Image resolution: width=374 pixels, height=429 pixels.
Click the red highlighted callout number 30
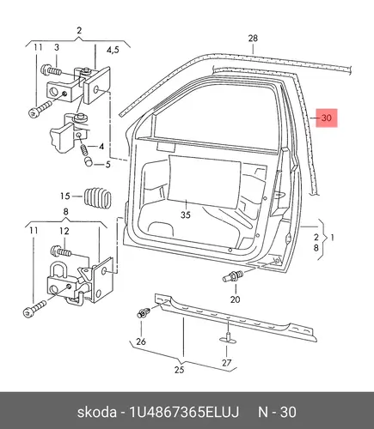[x=327, y=118]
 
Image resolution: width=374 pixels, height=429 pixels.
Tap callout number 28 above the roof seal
[x=253, y=39]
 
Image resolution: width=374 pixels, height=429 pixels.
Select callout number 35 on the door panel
[x=186, y=214]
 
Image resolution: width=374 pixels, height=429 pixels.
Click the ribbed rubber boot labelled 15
[x=97, y=196]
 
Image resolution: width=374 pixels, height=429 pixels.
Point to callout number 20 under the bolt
[x=235, y=299]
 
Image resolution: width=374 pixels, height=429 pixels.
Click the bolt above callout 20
[x=233, y=276]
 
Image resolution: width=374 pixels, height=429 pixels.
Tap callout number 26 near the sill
[x=141, y=341]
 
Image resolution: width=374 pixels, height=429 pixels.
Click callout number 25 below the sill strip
[x=179, y=370]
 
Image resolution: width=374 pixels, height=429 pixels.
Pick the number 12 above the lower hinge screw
[x=64, y=231]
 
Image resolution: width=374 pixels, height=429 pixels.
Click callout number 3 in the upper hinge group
[x=57, y=47]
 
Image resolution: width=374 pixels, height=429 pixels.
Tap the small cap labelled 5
[x=89, y=162]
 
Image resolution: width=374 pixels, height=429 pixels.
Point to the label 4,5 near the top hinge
[x=113, y=50]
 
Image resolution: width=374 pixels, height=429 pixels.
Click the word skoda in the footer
[x=97, y=413]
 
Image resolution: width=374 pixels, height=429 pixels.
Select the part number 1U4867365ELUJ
[x=184, y=413]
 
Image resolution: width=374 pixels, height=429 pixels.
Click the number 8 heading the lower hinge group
[x=65, y=212]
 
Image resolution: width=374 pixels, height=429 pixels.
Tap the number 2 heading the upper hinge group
[x=79, y=30]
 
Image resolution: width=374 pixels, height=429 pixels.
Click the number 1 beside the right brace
[x=333, y=238]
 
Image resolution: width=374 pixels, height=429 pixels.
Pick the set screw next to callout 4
[x=84, y=149]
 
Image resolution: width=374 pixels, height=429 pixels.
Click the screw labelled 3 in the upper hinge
[x=52, y=70]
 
